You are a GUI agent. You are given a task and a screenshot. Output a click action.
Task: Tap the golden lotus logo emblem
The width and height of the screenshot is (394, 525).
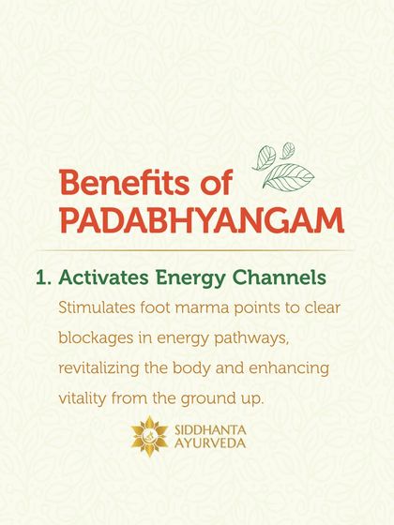[x=148, y=432]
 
